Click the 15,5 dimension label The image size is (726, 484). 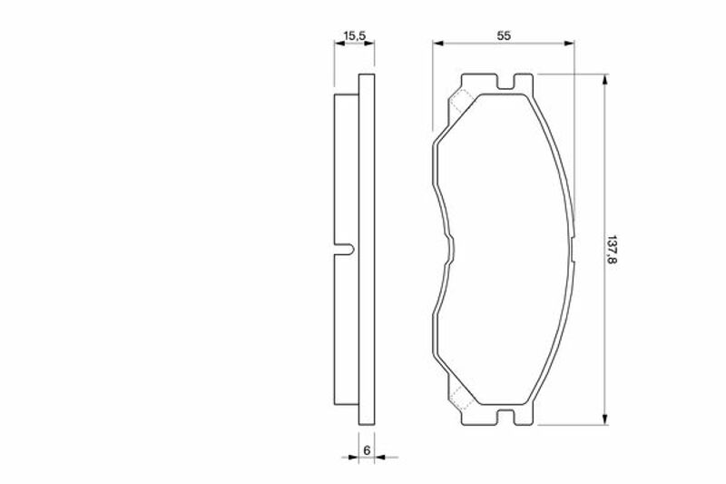click(355, 35)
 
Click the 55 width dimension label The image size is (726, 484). click(504, 35)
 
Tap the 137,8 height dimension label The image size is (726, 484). click(612, 250)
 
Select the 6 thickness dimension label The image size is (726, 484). click(367, 449)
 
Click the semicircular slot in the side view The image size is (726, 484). click(348, 249)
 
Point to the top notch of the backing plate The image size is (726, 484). click(505, 84)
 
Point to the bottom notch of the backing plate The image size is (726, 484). click(505, 416)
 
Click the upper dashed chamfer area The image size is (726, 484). click(461, 102)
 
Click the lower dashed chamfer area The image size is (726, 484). click(461, 398)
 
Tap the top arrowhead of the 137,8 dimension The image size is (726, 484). click(604, 80)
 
